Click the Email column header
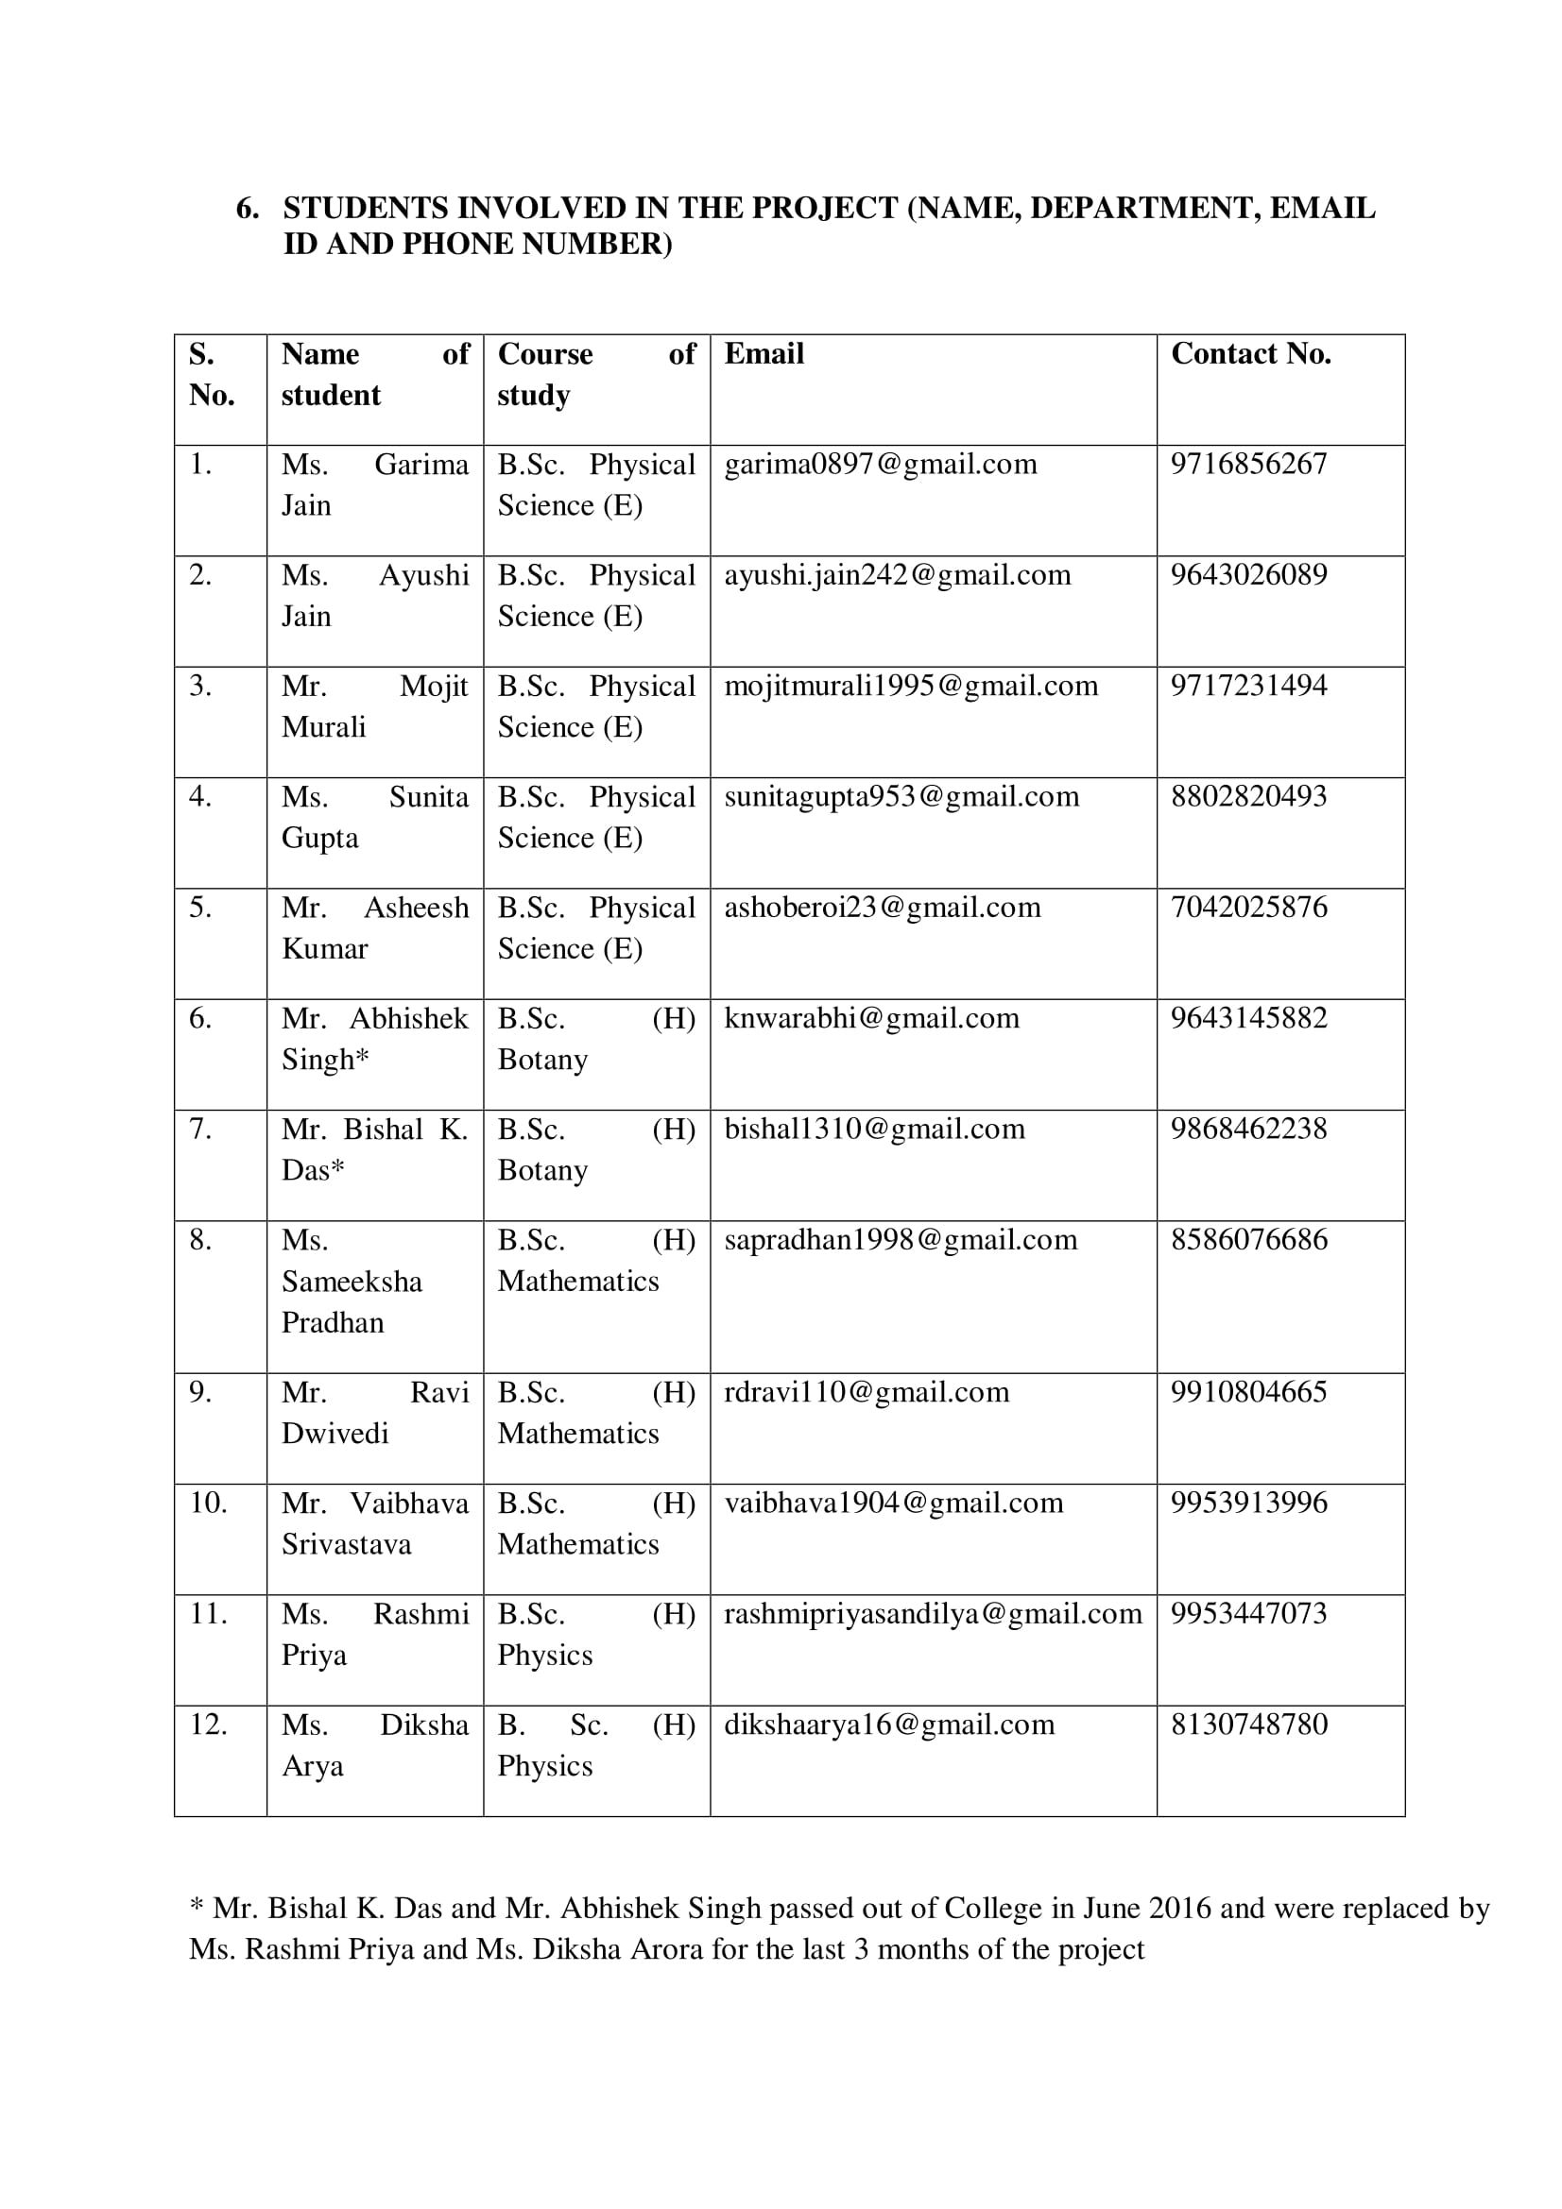pyautogui.click(x=764, y=354)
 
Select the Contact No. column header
pyautogui.click(x=1250, y=354)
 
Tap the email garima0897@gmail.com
pyautogui.click(x=880, y=465)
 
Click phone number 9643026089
pyautogui.click(x=1248, y=575)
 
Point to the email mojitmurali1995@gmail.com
pyautogui.click(x=910, y=686)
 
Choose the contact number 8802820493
pyautogui.click(x=1248, y=797)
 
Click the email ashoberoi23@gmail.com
pyautogui.click(x=882, y=908)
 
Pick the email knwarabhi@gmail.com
pyautogui.click(x=871, y=1018)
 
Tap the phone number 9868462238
pyautogui.click(x=1248, y=1129)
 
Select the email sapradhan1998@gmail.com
pyautogui.click(x=900, y=1240)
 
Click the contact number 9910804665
pyautogui.click(x=1248, y=1392)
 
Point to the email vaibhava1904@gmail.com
pyautogui.click(x=893, y=1503)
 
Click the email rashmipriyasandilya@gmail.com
pyautogui.click(x=933, y=1613)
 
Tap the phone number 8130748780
pyautogui.click(x=1248, y=1725)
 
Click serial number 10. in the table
pyautogui.click(x=208, y=1503)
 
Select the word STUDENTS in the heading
pyautogui.click(x=365, y=208)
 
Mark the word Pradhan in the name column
pyautogui.click(x=332, y=1323)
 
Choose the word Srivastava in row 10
pyautogui.click(x=346, y=1544)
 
